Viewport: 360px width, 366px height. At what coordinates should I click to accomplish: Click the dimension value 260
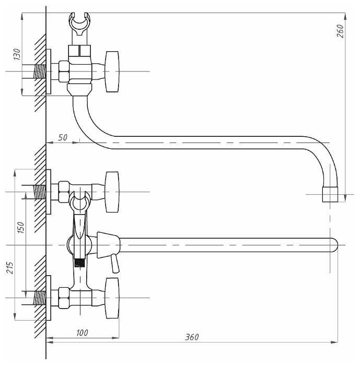pos(340,31)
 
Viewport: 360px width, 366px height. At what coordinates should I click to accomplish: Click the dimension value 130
pos(17,54)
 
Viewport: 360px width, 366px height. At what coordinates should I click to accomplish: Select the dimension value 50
pos(62,137)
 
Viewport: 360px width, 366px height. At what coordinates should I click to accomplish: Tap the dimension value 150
pos(20,227)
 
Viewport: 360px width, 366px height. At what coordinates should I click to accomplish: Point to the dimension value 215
pos(10,268)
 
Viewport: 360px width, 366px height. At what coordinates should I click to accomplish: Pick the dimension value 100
pos(82,333)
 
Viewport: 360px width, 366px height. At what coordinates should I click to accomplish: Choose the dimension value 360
pos(192,337)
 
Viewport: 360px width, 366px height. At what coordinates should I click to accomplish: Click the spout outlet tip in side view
pos(330,194)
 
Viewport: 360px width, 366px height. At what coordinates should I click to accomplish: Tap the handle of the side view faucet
pos(112,72)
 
